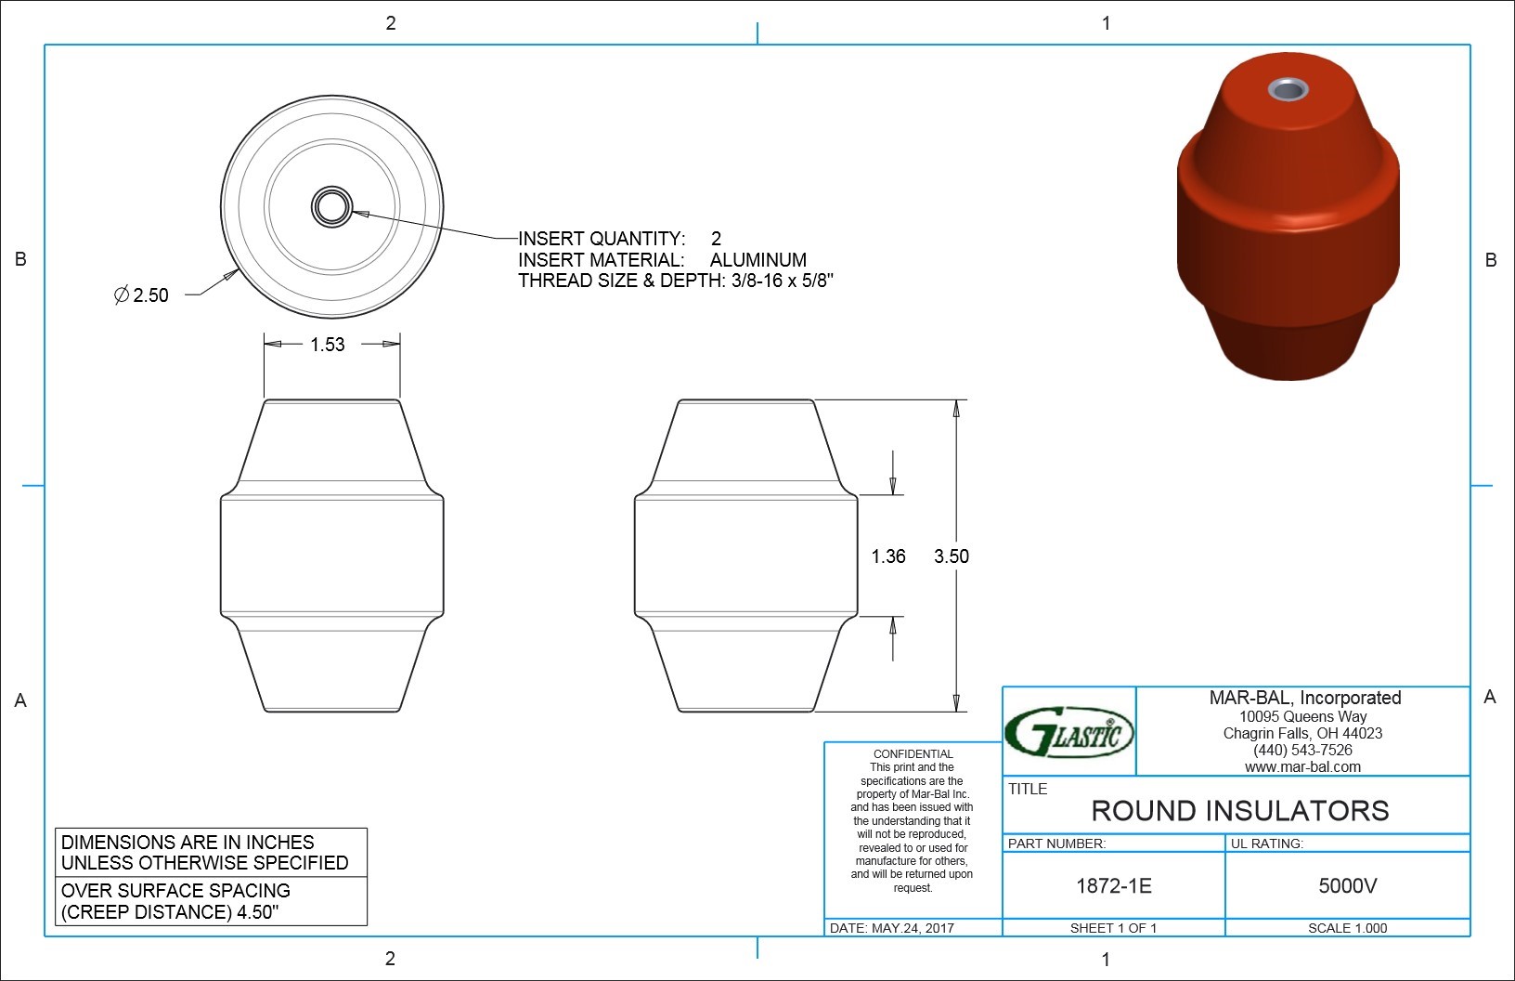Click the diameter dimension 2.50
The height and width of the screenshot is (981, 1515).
pos(141,295)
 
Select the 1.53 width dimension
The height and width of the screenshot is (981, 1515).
pos(328,345)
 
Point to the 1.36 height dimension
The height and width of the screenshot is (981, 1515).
pos(888,556)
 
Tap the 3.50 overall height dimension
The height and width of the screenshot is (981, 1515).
pos(952,556)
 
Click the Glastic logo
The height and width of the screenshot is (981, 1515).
pos(1068,733)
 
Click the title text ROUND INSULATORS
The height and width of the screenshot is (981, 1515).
pos(1240,811)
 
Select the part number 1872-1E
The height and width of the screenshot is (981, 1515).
pos(1114,886)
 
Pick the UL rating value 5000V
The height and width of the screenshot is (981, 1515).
pos(1348,886)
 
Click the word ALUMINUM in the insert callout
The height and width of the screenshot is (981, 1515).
pos(758,260)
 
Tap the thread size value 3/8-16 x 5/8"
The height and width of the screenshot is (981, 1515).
pos(783,281)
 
